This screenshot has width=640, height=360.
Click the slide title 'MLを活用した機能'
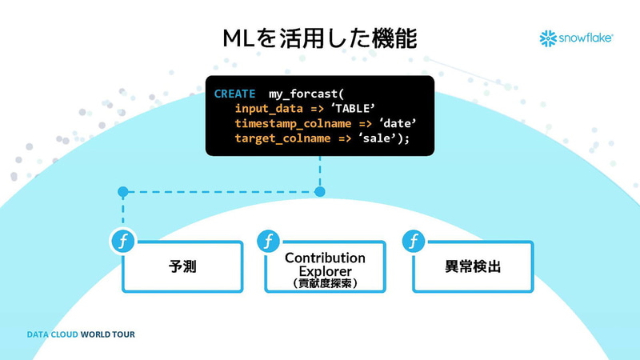pyautogui.click(x=319, y=38)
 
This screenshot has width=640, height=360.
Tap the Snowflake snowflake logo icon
pyautogui.click(x=548, y=38)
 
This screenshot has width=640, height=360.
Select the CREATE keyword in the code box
pyautogui.click(x=234, y=94)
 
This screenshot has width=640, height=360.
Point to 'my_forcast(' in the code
pyautogui.click(x=306, y=94)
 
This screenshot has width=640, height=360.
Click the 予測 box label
pyautogui.click(x=182, y=267)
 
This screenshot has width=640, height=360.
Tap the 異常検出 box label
pyautogui.click(x=473, y=267)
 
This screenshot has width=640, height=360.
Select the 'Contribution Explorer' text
pyautogui.click(x=325, y=264)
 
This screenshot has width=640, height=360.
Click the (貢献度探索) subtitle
pyautogui.click(x=325, y=282)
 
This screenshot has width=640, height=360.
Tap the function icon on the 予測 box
pyautogui.click(x=123, y=240)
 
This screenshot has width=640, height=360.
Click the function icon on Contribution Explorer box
pyautogui.click(x=267, y=240)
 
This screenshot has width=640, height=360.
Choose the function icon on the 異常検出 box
pyautogui.click(x=413, y=240)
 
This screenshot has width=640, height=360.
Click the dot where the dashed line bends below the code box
pyautogui.click(x=320, y=192)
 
